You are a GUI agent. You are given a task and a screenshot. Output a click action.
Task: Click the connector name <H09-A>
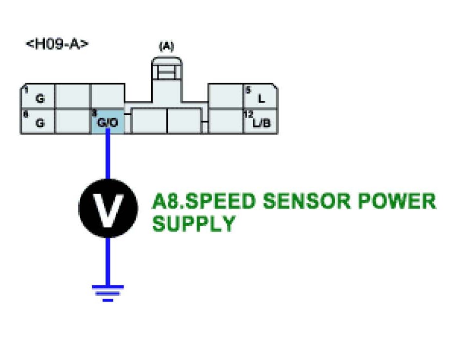(57, 44)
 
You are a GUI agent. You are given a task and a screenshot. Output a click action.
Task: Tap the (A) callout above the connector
(166, 47)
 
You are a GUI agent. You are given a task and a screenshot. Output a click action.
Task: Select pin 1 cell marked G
(37, 96)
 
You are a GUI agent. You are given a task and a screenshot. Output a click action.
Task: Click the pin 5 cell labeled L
(261, 96)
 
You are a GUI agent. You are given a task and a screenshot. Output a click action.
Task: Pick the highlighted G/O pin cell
(107, 121)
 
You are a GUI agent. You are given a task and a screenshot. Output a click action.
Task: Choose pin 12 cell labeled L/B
(261, 121)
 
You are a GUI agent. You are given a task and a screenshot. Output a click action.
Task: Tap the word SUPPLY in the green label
(194, 224)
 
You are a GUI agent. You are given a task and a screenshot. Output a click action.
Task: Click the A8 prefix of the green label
(162, 201)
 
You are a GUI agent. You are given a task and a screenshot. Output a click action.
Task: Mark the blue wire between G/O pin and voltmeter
(108, 156)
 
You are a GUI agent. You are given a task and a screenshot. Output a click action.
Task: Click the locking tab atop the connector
(166, 73)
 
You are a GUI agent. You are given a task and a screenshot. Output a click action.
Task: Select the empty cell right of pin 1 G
(72, 96)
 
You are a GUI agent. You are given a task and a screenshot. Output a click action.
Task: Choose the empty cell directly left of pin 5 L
(226, 96)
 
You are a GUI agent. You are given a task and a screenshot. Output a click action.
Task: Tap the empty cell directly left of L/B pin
(226, 121)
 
